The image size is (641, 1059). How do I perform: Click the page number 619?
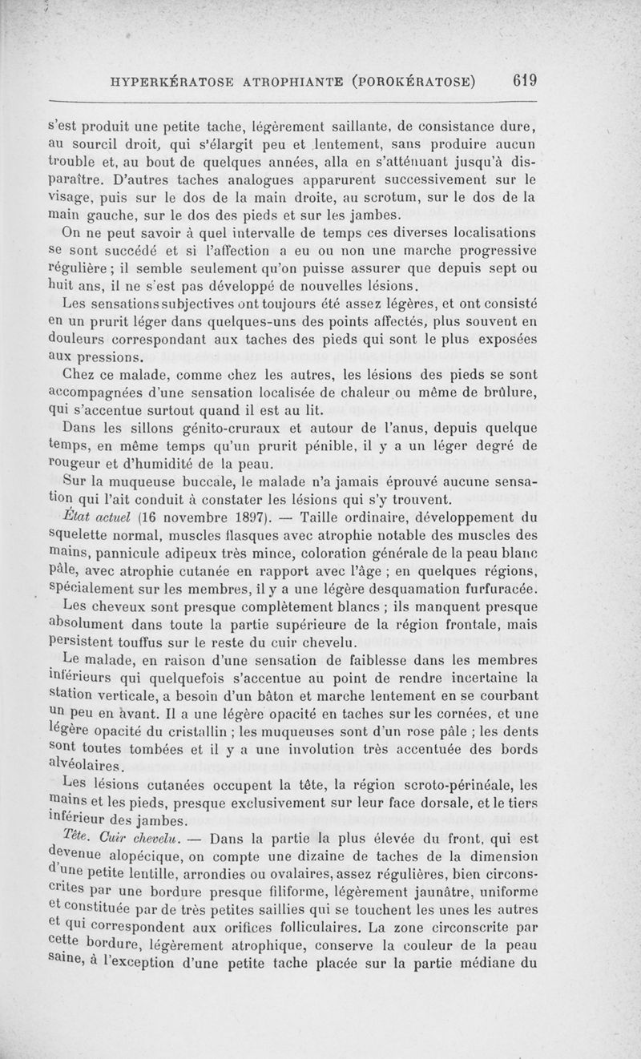pyautogui.click(x=520, y=81)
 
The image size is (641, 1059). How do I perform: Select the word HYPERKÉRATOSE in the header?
pyautogui.click(x=171, y=82)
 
